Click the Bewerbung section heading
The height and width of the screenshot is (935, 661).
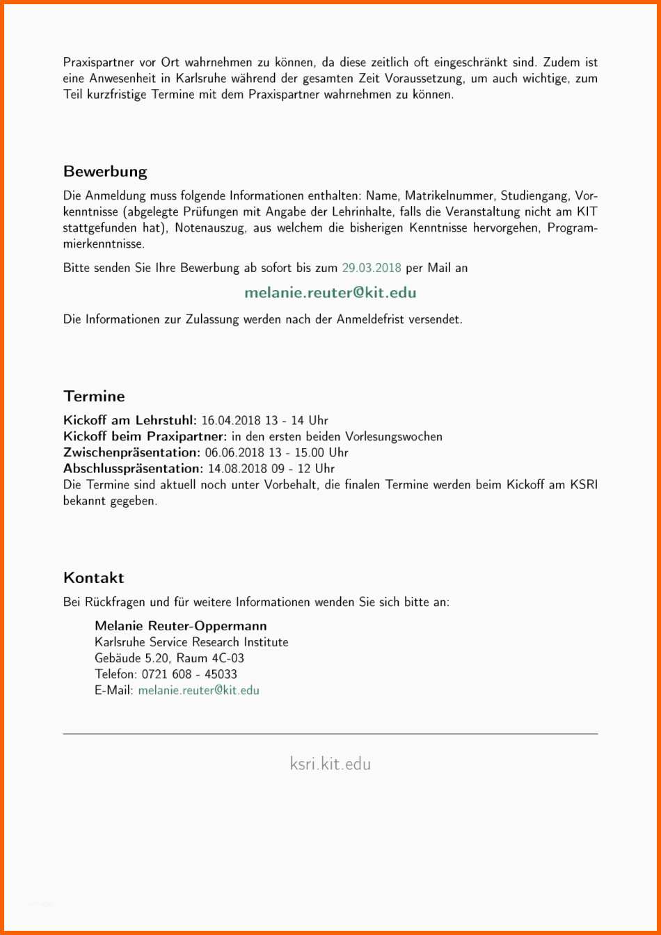(105, 172)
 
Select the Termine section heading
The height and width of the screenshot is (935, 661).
(94, 397)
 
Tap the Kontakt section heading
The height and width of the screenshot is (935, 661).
(93, 578)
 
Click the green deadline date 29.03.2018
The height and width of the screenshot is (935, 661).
(372, 268)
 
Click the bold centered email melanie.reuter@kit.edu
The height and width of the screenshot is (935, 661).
(330, 293)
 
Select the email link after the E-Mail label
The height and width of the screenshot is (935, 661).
(198, 690)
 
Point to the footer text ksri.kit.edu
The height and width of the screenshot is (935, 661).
(330, 764)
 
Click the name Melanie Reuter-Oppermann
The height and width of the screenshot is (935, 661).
(181, 626)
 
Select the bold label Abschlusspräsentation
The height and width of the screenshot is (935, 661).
(133, 469)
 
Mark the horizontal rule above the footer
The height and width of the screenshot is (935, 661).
(330, 734)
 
